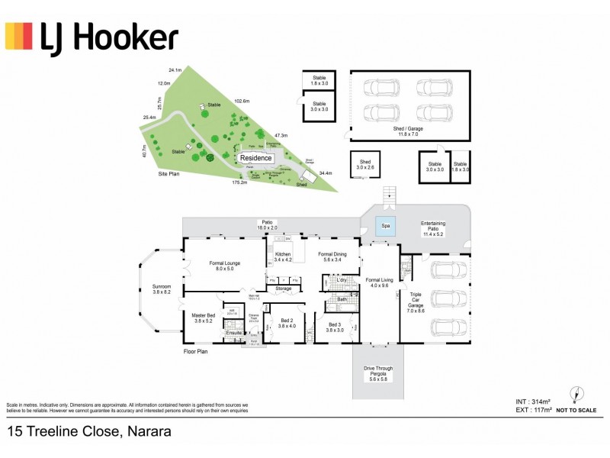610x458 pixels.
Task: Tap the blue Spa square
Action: pyautogui.click(x=386, y=226)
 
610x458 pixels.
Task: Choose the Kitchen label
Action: pyautogui.click(x=283, y=256)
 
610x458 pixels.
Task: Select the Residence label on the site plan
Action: pyautogui.click(x=255, y=159)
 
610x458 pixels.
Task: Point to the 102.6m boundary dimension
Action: pyautogui.click(x=242, y=101)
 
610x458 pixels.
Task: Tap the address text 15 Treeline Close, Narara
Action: pyautogui.click(x=88, y=432)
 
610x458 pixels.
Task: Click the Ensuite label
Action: pyautogui.click(x=234, y=334)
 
